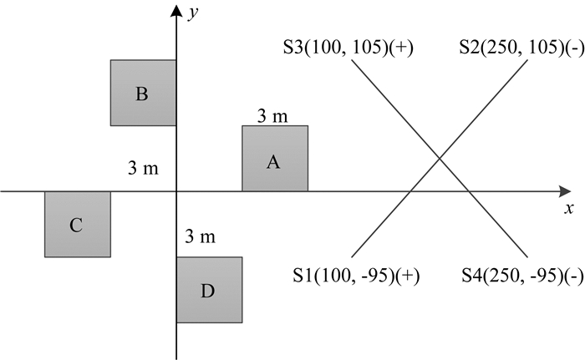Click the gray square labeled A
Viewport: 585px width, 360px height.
[x=275, y=159]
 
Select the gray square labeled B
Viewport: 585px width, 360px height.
[x=143, y=93]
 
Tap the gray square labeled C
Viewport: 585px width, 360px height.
[x=78, y=224]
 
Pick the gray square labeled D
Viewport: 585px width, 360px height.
[x=209, y=290]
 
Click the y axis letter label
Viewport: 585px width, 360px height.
[x=192, y=14]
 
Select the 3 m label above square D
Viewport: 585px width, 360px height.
[x=199, y=237]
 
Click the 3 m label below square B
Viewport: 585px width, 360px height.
[x=143, y=168]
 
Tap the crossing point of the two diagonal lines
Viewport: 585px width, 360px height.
[x=439, y=159]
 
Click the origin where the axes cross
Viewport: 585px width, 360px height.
[x=176, y=191]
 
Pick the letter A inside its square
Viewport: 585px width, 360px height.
[x=272, y=162]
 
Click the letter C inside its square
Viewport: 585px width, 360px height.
[x=76, y=225]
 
